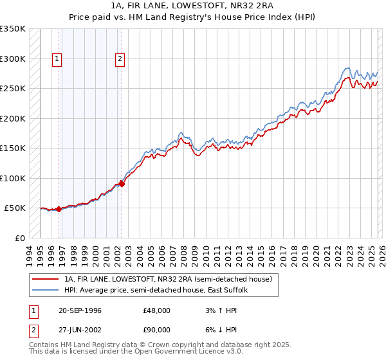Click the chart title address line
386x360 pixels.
pyautogui.click(x=192, y=5)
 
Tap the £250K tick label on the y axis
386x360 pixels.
pyautogui.click(x=13, y=88)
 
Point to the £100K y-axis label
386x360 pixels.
pyautogui.click(x=13, y=178)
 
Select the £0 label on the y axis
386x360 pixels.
pyautogui.click(x=21, y=238)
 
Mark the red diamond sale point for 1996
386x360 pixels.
pyautogui.click(x=59, y=209)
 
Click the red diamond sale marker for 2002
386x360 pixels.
pyautogui.click(x=122, y=184)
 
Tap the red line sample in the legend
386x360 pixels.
pyautogui.click(x=45, y=280)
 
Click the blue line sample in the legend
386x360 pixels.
pyautogui.click(x=45, y=291)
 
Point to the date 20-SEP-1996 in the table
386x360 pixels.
pyautogui.click(x=80, y=310)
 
